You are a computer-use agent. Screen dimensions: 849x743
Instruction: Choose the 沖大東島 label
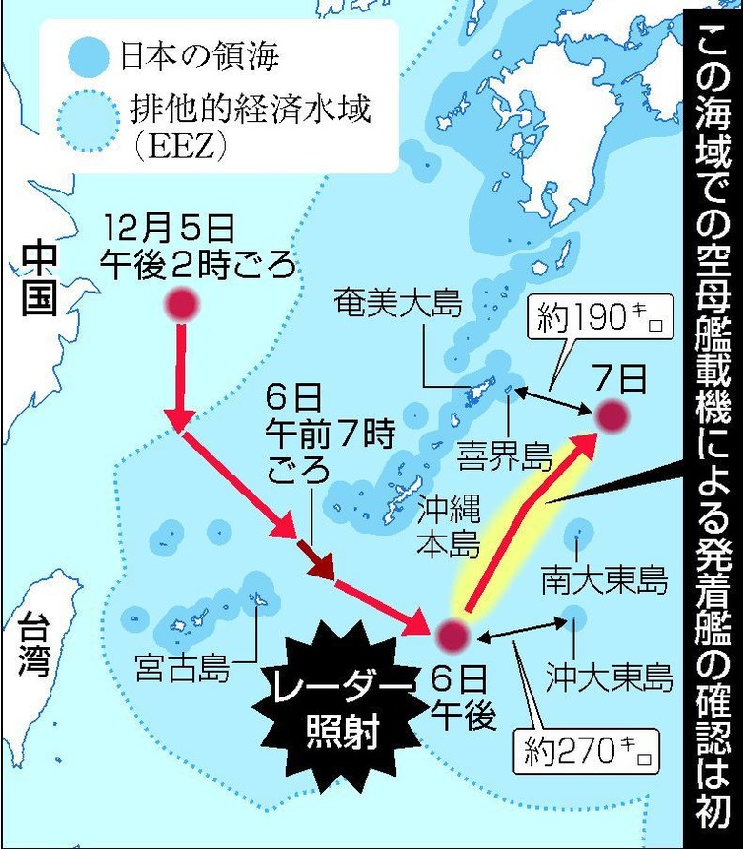pyautogui.click(x=609, y=677)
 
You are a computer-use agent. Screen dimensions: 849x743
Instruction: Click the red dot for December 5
pyautogui.click(x=182, y=305)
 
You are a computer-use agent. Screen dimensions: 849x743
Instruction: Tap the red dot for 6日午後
pyautogui.click(x=452, y=634)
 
